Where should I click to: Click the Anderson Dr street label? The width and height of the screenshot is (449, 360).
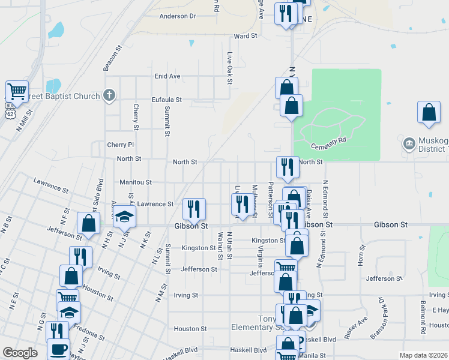tap(178, 16)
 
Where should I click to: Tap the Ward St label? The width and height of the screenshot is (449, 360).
tap(246, 36)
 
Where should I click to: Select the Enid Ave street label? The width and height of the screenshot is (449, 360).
tap(167, 76)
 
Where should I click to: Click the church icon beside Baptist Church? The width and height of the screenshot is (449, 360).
tap(109, 95)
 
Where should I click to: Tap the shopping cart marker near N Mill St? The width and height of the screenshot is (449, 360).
tap(17, 92)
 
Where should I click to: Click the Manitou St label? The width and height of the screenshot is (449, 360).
tap(135, 182)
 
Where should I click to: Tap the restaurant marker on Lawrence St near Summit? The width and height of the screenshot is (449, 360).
tap(194, 209)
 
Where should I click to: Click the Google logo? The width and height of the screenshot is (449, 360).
tap(20, 353)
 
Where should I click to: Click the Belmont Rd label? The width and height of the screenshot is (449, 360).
tap(423, 318)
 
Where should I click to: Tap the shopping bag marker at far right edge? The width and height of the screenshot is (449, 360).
tap(429, 112)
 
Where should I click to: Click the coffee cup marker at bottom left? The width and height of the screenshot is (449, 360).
tap(59, 349)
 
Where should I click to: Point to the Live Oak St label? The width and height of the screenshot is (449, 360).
tap(229, 67)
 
